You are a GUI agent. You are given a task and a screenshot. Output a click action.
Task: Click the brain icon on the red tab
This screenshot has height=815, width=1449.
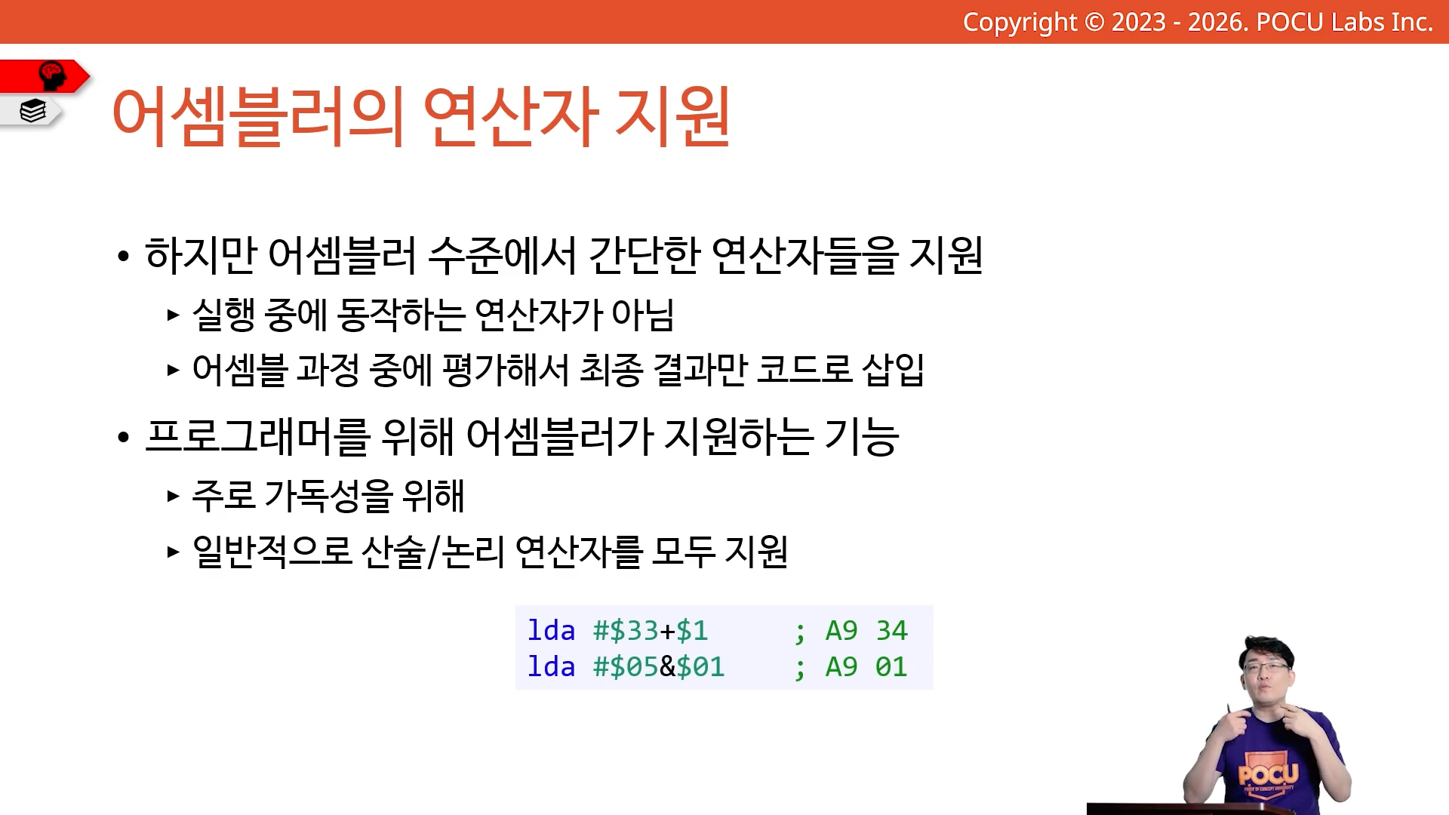coord(52,75)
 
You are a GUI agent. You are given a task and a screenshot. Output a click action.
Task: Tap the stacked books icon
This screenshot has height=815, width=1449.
coord(33,111)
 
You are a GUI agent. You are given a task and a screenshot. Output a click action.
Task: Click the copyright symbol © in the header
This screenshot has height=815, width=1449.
coord(1094,22)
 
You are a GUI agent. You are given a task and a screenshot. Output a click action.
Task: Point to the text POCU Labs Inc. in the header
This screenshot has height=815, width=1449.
coord(1344,22)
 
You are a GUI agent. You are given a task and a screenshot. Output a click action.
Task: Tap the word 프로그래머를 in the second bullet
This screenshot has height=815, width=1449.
coord(257,436)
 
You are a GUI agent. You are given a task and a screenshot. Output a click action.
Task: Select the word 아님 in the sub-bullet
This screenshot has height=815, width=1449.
coord(642,315)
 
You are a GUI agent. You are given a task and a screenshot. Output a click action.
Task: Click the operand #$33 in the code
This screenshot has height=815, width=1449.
coord(626,630)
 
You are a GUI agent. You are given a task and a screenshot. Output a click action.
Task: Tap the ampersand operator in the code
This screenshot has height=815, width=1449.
coord(668,666)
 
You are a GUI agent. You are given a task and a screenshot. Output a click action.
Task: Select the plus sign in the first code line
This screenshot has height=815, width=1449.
coord(667,631)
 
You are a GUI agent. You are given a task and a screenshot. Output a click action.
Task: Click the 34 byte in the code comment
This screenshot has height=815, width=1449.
coord(891,630)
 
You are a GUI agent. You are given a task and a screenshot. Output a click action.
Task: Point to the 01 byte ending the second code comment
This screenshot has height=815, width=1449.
coord(891,666)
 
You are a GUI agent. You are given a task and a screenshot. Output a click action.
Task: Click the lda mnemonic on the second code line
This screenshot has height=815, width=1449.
coord(551,666)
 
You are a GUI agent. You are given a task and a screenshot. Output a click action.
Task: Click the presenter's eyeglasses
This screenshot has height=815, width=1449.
coord(1266,666)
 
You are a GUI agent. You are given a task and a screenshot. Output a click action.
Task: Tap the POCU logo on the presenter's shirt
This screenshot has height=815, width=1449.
coord(1268,774)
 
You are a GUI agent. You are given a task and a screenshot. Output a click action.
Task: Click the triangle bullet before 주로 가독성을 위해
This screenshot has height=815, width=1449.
coord(173,496)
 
